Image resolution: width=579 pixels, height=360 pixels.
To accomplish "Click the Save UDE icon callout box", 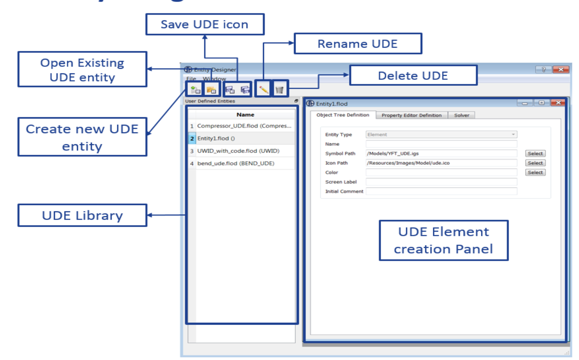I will click(204, 24).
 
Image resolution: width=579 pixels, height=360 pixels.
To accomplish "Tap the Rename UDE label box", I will click(358, 44).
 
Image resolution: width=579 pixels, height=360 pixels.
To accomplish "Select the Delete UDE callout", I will click(413, 76).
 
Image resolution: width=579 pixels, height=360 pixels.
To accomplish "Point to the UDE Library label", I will click(82, 215).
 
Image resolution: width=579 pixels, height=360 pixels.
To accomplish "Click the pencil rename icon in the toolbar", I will click(264, 89).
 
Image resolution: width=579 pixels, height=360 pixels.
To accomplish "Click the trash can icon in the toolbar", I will click(279, 89).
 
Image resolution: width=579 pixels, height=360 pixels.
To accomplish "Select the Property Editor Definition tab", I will click(411, 115).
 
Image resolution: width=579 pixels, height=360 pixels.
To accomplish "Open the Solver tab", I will click(462, 115).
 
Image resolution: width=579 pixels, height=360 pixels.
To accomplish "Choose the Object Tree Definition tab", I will click(343, 115).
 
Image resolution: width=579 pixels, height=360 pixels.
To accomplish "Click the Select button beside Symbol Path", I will click(535, 153).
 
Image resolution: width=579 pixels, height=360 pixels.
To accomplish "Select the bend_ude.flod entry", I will click(236, 163).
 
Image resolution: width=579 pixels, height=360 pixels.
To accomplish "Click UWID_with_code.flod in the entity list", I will click(238, 151).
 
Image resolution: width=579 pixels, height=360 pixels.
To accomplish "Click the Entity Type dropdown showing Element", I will click(441, 134).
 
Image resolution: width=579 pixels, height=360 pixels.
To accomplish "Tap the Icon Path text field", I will click(441, 163).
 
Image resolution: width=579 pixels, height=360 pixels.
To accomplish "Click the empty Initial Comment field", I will click(441, 191).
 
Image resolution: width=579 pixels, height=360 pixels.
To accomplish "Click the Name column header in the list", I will click(245, 115).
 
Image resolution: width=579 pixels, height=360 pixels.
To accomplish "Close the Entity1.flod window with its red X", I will click(558, 103).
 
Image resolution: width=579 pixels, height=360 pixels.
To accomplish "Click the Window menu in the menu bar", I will click(214, 79).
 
